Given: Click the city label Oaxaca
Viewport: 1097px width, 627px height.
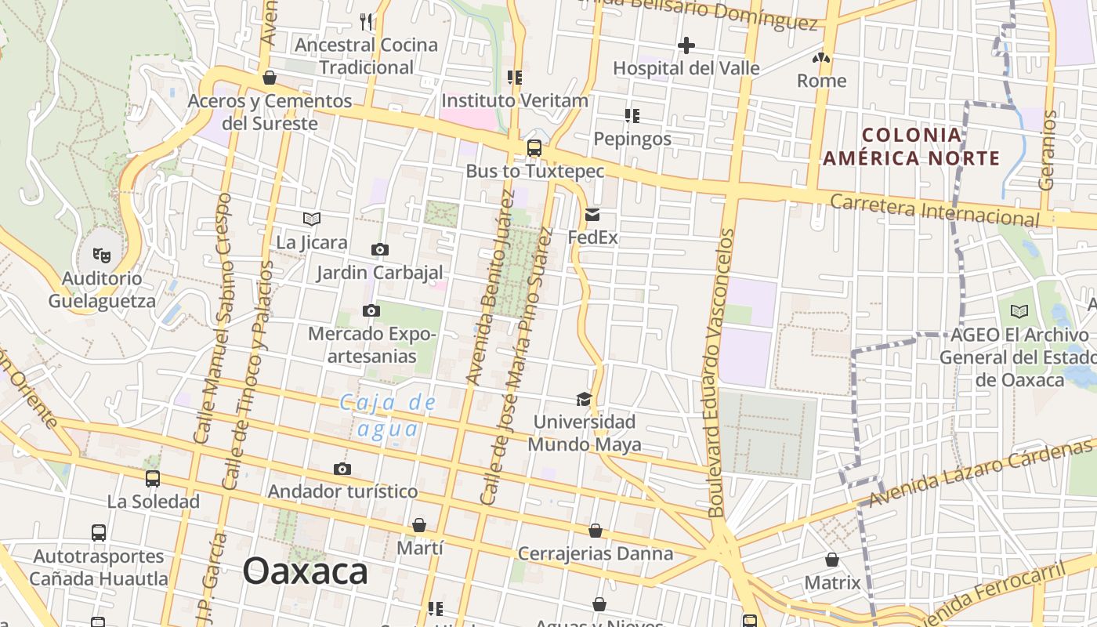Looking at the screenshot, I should point(305,571).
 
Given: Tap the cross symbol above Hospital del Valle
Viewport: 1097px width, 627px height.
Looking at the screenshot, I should point(686,45).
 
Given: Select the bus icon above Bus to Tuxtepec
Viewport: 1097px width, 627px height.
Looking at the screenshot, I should point(534,147).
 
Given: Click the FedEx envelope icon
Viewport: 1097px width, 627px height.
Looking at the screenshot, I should point(592,214).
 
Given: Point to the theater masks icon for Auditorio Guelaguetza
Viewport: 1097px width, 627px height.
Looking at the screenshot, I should point(102,255).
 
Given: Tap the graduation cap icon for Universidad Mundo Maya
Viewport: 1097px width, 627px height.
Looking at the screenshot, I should point(584,399).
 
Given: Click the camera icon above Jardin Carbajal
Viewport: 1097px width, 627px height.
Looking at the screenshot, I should point(380,250).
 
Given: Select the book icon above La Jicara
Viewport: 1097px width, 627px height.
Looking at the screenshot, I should point(312,219).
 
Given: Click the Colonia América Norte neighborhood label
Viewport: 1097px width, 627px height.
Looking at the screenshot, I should point(911,147).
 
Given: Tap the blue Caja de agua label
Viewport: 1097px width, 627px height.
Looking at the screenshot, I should point(388,416).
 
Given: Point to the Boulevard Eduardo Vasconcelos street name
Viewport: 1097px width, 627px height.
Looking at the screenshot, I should point(719,372).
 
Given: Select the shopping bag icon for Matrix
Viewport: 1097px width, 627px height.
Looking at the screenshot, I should point(832,560).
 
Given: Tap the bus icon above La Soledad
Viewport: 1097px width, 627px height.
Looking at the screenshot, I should point(153,478).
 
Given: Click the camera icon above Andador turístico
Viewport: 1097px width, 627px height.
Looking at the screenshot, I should point(342,469).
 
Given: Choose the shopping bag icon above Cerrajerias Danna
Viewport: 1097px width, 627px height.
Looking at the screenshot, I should point(596,531).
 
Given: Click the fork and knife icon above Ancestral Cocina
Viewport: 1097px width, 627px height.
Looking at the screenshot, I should point(367,21).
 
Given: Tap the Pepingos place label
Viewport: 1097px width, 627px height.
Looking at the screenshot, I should point(632,139).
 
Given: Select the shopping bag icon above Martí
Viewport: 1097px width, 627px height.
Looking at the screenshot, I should point(419,524).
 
